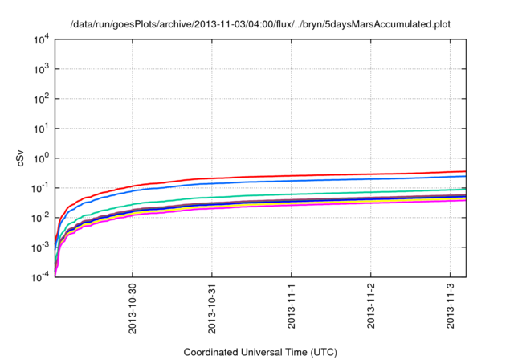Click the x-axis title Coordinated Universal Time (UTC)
pyautogui.click(x=259, y=352)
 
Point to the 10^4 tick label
pyautogui.click(x=41, y=39)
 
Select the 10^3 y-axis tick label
pyautogui.click(x=41, y=69)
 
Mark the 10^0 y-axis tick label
pyautogui.click(x=41, y=158)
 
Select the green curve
pyautogui.click(x=321, y=193)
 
